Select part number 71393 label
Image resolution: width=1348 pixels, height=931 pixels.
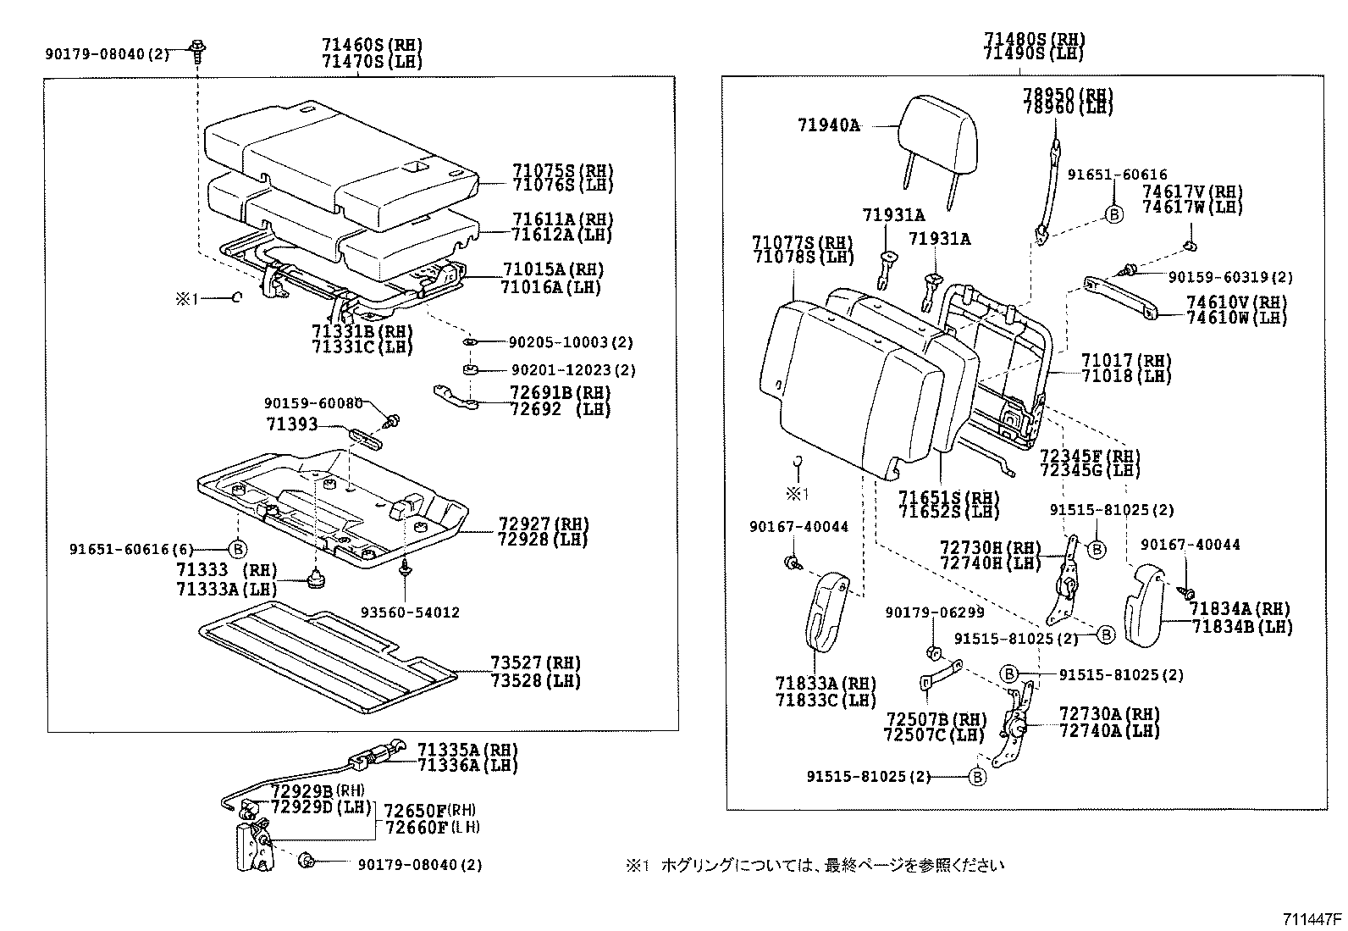(x=291, y=424)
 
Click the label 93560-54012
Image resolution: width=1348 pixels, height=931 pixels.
(x=410, y=612)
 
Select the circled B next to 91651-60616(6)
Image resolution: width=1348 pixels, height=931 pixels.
(x=238, y=549)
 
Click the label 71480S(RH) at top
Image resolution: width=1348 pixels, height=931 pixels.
(x=1034, y=39)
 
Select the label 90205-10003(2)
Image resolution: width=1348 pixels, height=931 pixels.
(x=572, y=342)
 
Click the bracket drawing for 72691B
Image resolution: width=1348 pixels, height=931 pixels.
(x=456, y=396)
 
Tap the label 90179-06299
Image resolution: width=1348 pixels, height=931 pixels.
(x=935, y=612)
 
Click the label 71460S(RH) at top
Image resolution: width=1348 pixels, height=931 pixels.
(x=371, y=45)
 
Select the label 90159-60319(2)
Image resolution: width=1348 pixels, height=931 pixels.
(x=1230, y=277)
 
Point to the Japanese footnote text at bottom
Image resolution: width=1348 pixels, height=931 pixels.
(x=814, y=865)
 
